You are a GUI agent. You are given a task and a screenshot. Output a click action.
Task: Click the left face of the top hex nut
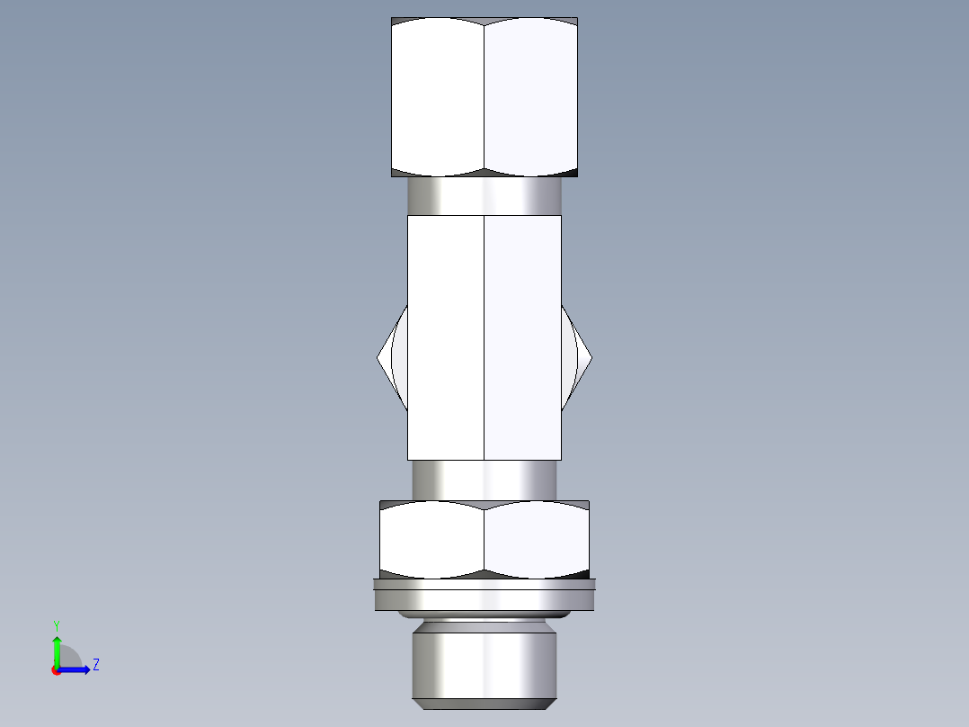pos(438,97)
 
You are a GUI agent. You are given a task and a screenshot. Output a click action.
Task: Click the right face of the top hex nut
pos(530,97)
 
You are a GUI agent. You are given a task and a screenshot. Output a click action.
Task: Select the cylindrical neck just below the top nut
pos(484,196)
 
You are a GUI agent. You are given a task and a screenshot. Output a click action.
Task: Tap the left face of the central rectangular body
pos(446,337)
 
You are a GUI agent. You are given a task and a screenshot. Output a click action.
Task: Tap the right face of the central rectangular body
pos(523,337)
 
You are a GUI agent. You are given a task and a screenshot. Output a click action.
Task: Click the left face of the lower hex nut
pos(431,538)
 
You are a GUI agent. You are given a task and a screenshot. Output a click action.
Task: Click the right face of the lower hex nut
pos(537,538)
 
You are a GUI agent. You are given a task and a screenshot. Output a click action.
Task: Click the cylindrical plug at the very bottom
pos(484,661)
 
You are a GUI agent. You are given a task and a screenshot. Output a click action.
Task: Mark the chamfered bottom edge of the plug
pos(484,703)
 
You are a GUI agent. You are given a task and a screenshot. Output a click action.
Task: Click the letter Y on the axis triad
pos(56,625)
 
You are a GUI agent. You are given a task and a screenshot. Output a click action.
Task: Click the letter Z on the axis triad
pos(95,665)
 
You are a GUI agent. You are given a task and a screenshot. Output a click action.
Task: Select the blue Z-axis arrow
pos(76,669)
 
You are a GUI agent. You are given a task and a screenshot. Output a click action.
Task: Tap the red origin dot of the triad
pos(57,670)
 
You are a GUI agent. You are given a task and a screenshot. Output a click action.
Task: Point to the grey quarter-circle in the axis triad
pos(68,658)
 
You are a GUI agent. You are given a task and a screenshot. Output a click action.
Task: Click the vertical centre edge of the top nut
pos(484,97)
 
